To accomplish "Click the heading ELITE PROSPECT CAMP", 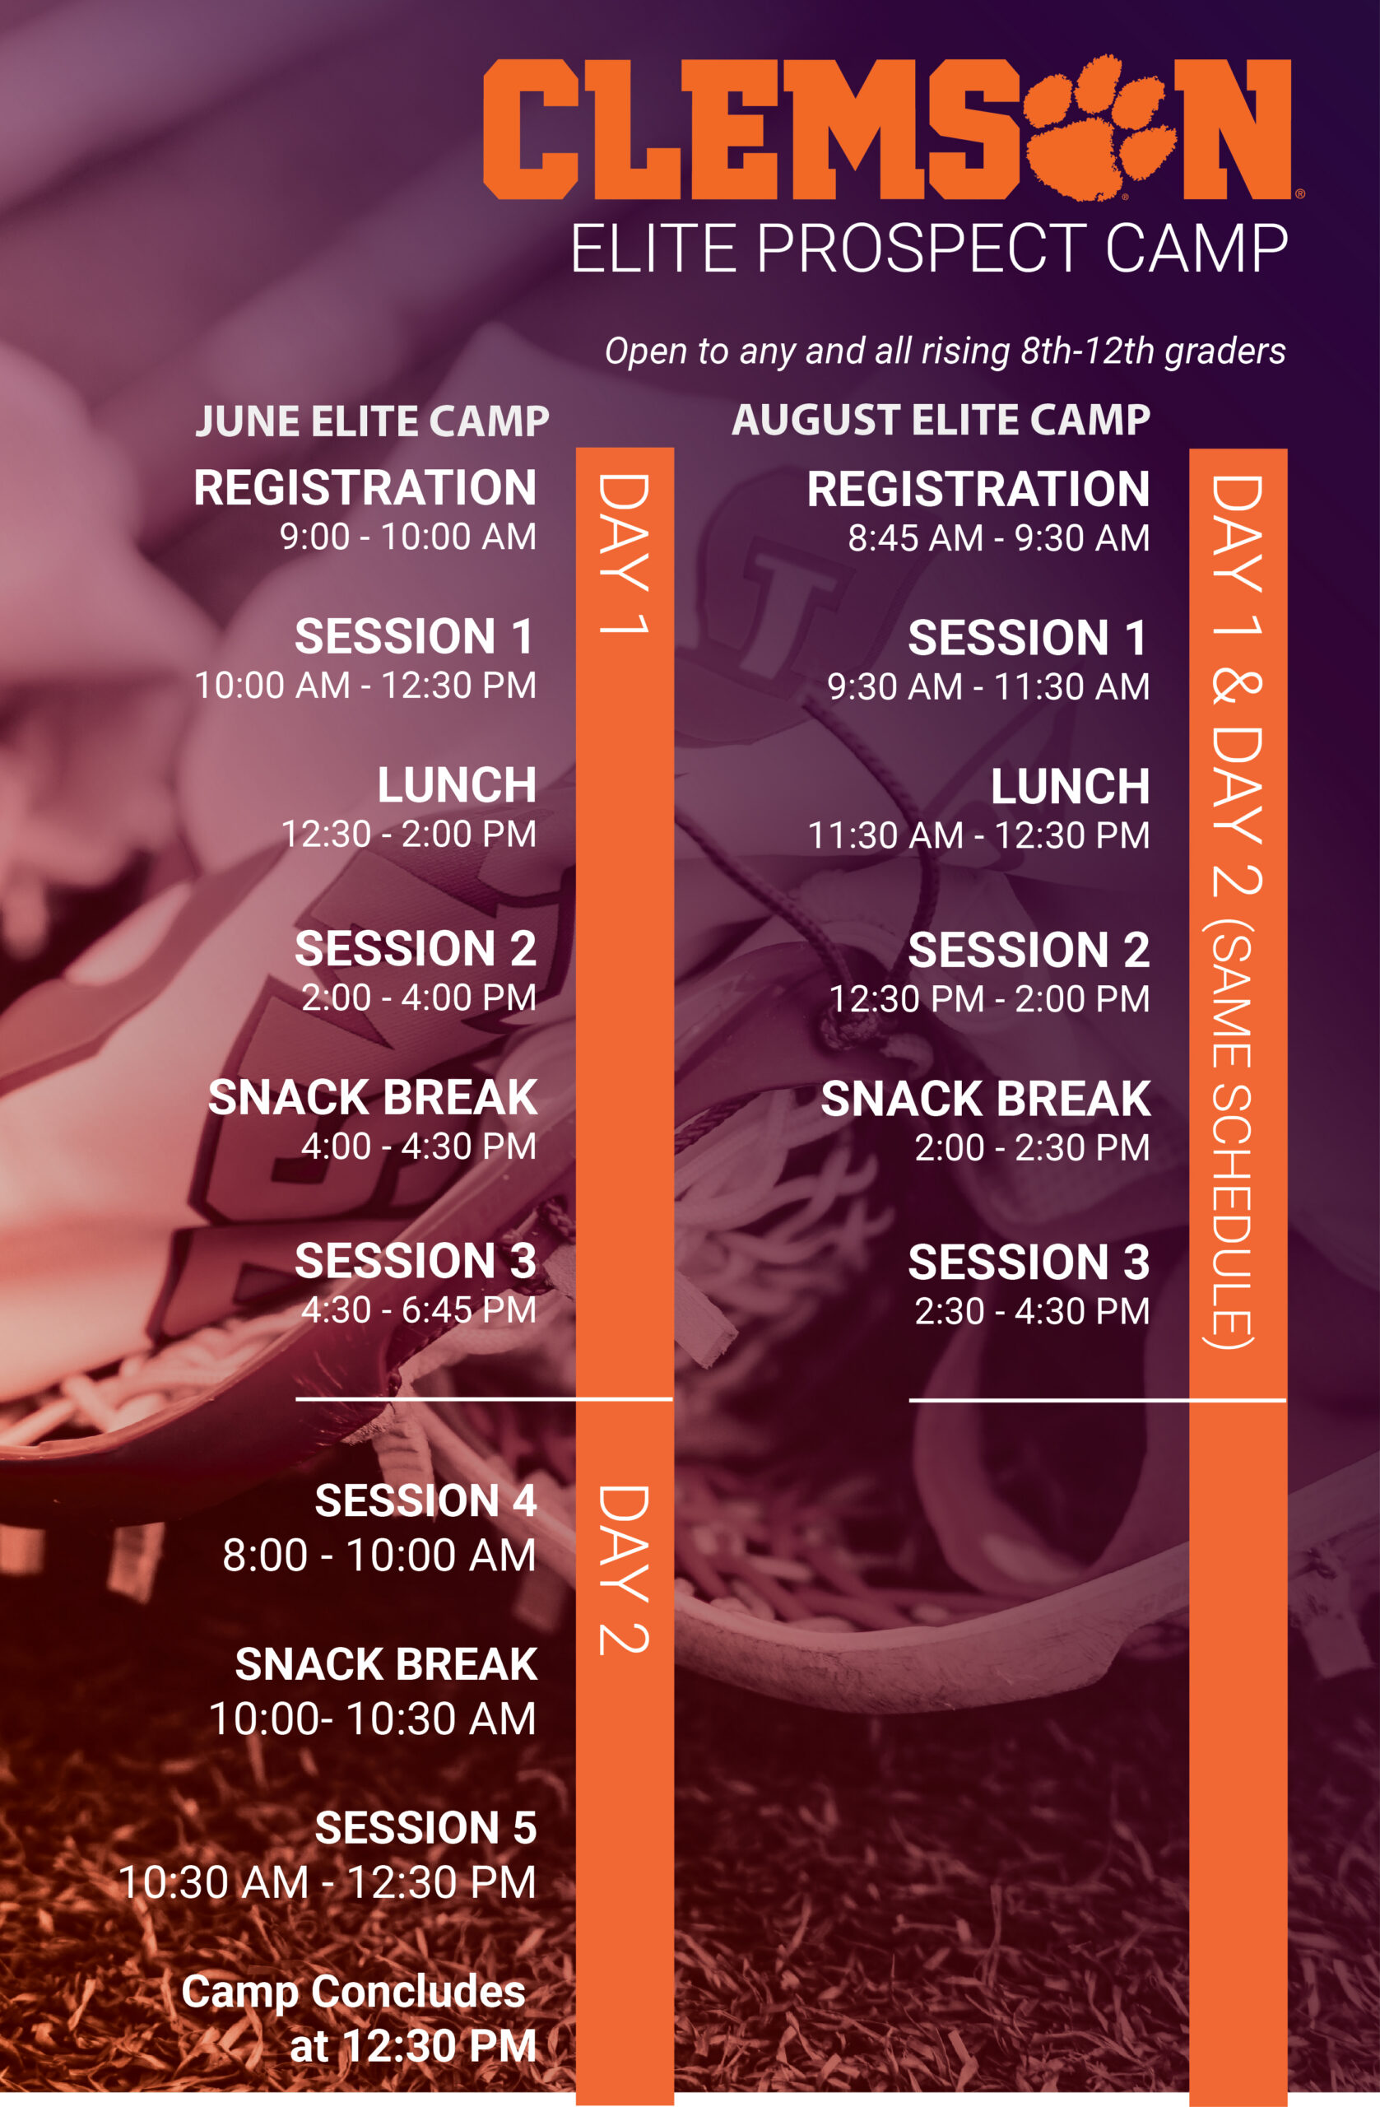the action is coord(928,249).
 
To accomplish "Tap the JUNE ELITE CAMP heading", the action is coord(372,421).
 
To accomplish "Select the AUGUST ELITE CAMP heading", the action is coord(941,420).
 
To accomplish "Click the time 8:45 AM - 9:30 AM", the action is coord(998,538).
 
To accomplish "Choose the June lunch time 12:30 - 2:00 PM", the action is coord(408,834).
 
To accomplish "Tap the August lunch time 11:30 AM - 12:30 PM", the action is coord(978,835).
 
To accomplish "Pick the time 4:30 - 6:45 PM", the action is coord(419,1310).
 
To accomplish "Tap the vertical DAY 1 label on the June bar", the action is coord(624,553).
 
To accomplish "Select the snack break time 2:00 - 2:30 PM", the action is coord(1032,1148).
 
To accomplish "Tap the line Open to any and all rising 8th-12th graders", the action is coord(946,351).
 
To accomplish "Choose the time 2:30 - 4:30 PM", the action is coord(1032,1312).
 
